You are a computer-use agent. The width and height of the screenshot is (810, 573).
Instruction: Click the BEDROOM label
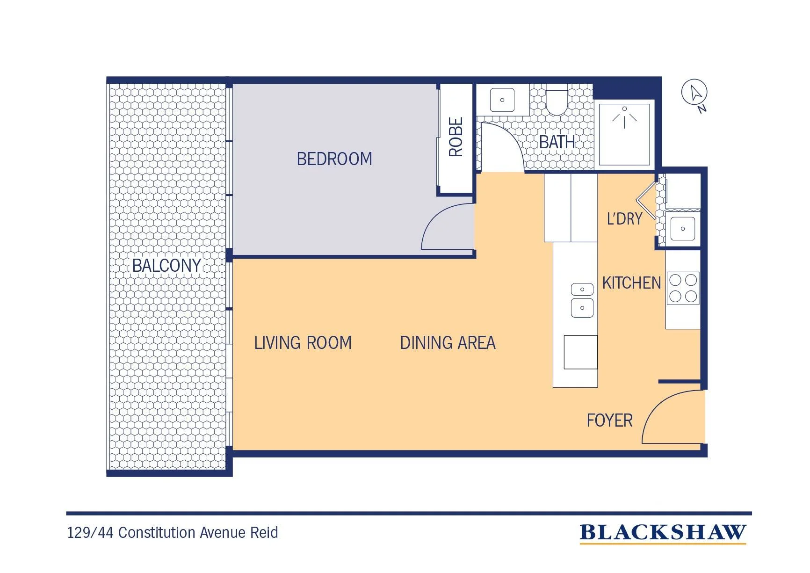(334, 159)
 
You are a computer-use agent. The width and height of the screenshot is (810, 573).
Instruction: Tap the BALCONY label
(166, 266)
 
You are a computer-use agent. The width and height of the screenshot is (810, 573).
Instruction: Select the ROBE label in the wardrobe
(456, 137)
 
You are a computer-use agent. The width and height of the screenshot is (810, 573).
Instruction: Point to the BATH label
(557, 142)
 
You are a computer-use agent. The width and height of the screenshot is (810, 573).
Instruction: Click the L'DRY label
(624, 218)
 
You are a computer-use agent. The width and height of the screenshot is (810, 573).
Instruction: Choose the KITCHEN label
(631, 283)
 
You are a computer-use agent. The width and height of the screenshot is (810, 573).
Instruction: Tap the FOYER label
(609, 421)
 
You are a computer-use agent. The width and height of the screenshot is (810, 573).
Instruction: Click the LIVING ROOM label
(303, 343)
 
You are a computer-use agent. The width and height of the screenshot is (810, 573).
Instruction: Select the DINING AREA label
(448, 343)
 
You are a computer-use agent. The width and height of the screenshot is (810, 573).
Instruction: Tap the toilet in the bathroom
(557, 101)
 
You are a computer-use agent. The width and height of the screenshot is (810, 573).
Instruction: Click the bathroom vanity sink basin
(502, 100)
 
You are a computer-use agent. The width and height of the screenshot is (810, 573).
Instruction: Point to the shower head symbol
(624, 116)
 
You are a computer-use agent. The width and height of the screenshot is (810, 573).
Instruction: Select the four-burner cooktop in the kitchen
(683, 288)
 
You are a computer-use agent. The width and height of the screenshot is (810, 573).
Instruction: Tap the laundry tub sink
(683, 229)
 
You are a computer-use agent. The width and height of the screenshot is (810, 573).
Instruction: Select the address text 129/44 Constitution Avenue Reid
(173, 533)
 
